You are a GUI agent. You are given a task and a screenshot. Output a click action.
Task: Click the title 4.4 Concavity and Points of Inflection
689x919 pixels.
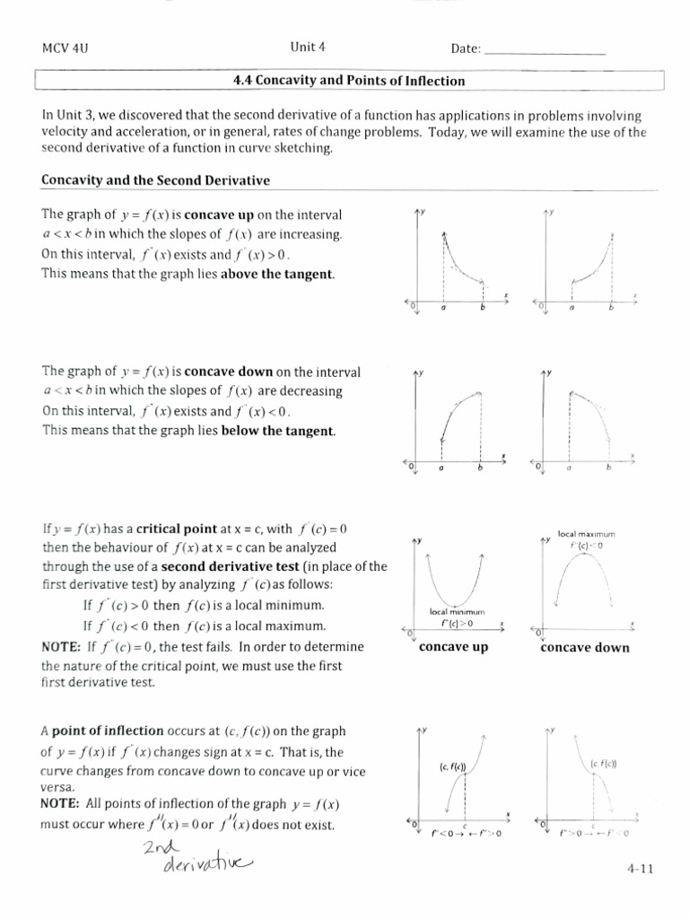tap(349, 81)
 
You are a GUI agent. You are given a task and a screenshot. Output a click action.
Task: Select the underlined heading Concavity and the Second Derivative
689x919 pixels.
tap(155, 180)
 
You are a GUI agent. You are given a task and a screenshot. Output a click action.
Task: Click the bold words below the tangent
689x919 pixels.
tap(278, 431)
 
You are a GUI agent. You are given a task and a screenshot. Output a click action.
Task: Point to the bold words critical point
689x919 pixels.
tap(174, 529)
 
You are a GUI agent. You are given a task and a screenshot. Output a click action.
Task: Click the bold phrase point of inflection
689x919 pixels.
tap(109, 731)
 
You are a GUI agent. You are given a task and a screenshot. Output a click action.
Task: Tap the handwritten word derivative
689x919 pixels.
tap(207, 865)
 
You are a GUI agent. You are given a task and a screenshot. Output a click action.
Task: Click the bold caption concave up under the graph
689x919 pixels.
tap(453, 647)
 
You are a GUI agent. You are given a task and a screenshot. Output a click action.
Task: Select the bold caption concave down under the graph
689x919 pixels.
tap(585, 647)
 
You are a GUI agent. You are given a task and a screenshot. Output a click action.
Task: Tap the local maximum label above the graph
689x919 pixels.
tap(585, 534)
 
